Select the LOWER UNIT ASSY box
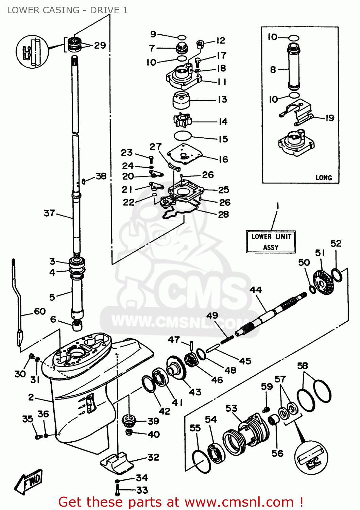pyautogui.click(x=271, y=242)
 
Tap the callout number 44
pyautogui.click(x=256, y=290)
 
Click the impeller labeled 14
pyautogui.click(x=182, y=120)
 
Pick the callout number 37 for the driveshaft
pyautogui.click(x=50, y=213)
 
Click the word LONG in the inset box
pyautogui.click(x=323, y=177)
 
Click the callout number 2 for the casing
pyautogui.click(x=31, y=397)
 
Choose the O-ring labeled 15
pyautogui.click(x=183, y=136)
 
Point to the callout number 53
pyautogui.click(x=231, y=408)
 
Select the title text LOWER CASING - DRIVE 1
pyautogui.click(x=67, y=10)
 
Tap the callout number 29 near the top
pyautogui.click(x=100, y=45)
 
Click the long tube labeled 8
pyautogui.click(x=293, y=66)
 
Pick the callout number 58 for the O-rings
pyautogui.click(x=302, y=366)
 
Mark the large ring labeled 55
pyautogui.click(x=201, y=461)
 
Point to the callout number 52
pyautogui.click(x=336, y=243)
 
